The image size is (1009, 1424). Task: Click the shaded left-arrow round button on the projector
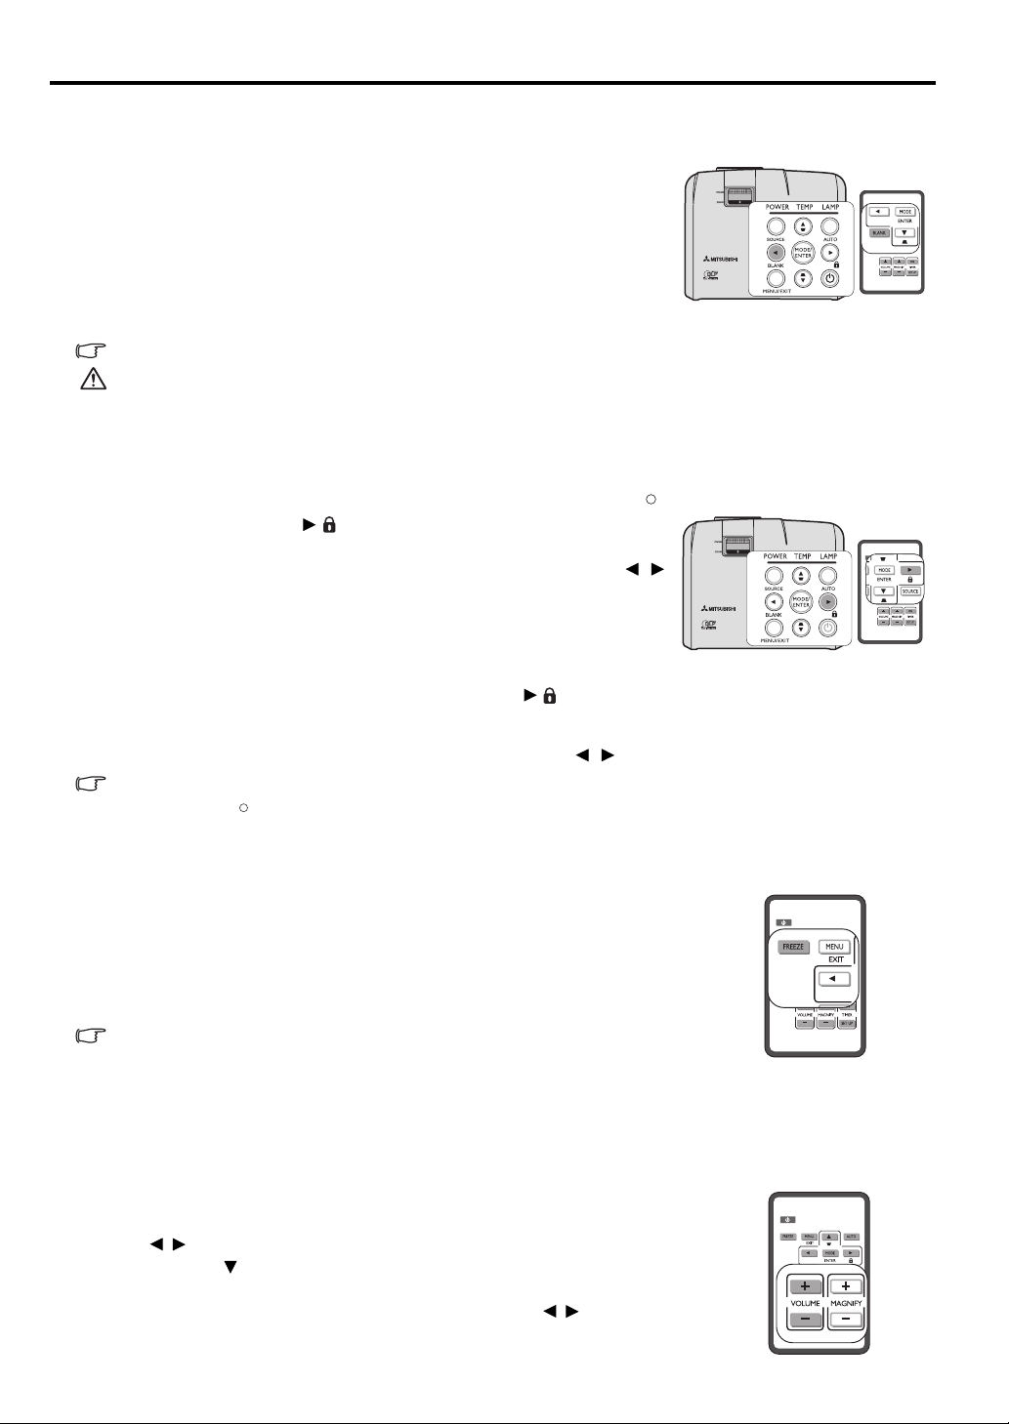[x=776, y=252]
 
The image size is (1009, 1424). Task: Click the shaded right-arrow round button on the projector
[x=828, y=603]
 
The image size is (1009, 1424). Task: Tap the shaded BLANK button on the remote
[x=879, y=233]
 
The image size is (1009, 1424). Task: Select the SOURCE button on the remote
[x=909, y=591]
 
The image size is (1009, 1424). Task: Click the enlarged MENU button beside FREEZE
[x=833, y=946]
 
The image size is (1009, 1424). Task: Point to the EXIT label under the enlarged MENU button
[x=835, y=959]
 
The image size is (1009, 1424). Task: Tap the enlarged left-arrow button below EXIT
[x=833, y=979]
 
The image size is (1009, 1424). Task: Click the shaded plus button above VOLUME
[x=805, y=1286]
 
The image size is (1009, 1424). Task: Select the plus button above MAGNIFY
[x=845, y=1286]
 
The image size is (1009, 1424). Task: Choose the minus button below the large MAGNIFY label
[x=845, y=1319]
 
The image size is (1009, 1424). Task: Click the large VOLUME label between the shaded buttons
[x=805, y=1303]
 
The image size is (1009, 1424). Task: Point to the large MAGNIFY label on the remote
[x=846, y=1303]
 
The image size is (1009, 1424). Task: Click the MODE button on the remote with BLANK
[x=905, y=211]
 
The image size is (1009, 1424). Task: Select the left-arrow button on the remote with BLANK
[x=879, y=211]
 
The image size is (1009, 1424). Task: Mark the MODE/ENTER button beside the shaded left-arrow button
[x=802, y=252]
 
